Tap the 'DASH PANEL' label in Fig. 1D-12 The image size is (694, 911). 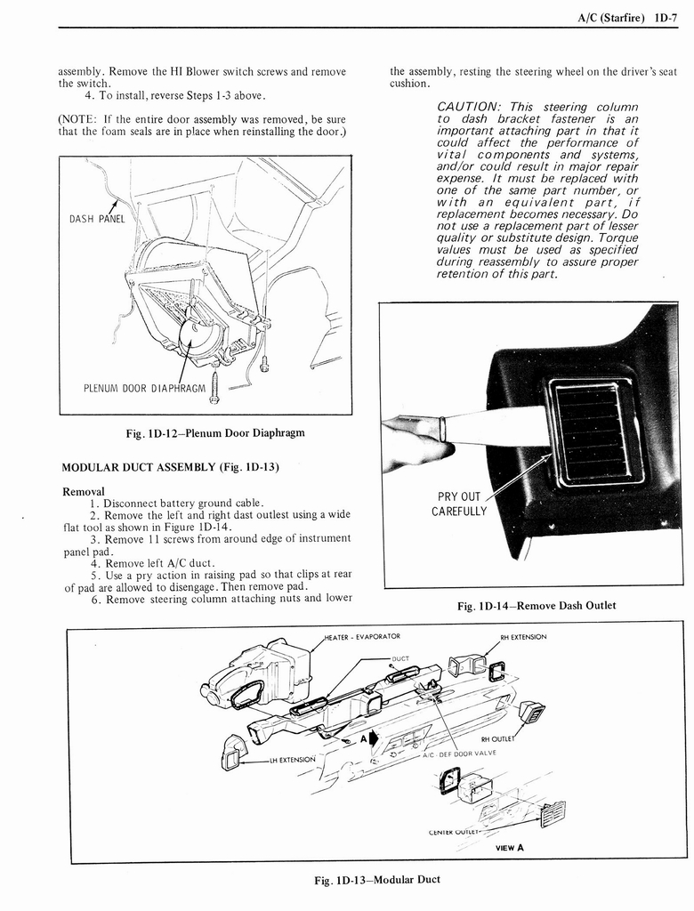[97, 219]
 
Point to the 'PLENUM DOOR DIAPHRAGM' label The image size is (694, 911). [144, 387]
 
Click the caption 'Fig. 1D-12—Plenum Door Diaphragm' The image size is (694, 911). [215, 433]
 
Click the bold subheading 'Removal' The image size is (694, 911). [83, 491]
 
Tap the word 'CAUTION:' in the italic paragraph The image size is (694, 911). [472, 107]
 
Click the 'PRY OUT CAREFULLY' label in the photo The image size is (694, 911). [459, 504]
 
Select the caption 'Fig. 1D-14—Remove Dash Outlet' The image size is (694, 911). [536, 606]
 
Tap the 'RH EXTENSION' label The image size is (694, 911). [523, 637]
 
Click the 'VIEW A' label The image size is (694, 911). [509, 847]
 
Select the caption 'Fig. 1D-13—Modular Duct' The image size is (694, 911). [377, 880]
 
